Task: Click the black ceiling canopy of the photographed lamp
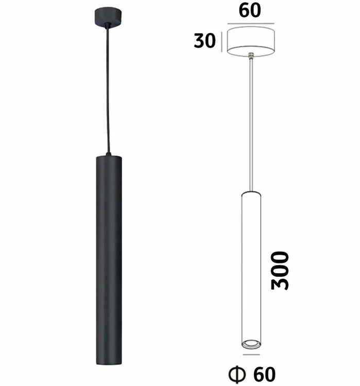[x=108, y=17]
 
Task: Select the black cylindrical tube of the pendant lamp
[x=109, y=260]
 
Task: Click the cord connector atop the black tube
[x=108, y=154]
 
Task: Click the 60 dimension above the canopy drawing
[x=250, y=11]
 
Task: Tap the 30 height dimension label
[x=204, y=41]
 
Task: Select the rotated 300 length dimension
[x=280, y=271]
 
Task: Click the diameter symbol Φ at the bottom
[x=237, y=375]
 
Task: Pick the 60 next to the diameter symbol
[x=264, y=374]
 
